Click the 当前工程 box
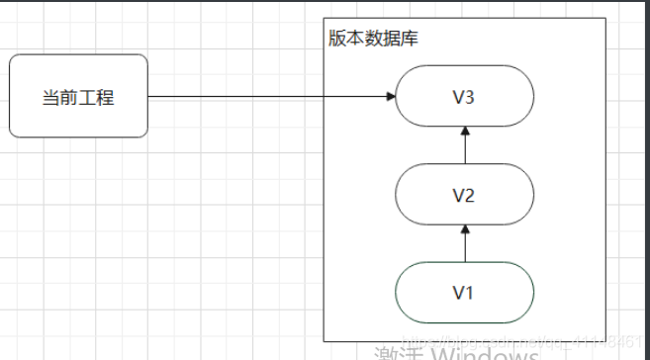(x=78, y=96)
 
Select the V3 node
(x=464, y=96)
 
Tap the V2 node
(x=464, y=194)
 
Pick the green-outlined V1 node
(x=464, y=292)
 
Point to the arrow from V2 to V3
(x=464, y=145)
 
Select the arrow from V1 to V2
(x=464, y=243)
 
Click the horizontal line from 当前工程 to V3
(x=267, y=96)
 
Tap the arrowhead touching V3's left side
(x=391, y=96)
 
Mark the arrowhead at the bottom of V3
(x=464, y=132)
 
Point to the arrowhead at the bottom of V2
(x=464, y=229)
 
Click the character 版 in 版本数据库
(x=336, y=39)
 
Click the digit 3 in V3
(x=471, y=97)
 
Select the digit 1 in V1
(x=471, y=292)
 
